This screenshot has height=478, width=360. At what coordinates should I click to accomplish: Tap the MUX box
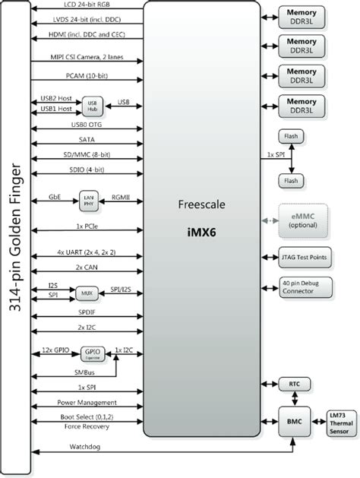click(83, 291)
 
